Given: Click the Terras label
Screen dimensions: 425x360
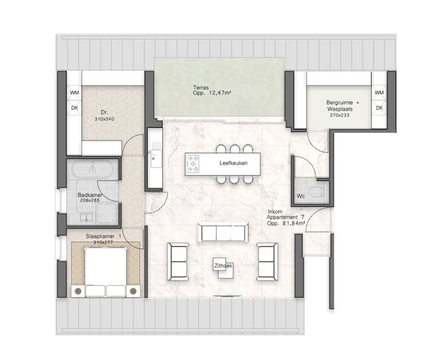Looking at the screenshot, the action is point(201,88).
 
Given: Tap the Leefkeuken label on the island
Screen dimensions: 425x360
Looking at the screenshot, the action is point(233,164).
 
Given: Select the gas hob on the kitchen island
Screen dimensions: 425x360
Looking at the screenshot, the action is point(193,164).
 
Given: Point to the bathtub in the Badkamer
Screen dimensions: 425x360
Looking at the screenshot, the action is point(92,169).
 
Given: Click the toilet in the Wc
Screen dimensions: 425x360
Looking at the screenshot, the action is point(316,192).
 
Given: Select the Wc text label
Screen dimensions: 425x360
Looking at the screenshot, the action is point(301,196).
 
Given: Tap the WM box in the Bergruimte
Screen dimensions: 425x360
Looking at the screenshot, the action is point(379,93).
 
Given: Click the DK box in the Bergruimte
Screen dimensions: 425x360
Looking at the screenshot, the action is point(379,107).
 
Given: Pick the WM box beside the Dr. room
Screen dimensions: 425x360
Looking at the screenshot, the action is point(74,93).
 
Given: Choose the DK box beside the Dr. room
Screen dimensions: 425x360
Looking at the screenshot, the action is point(74,108).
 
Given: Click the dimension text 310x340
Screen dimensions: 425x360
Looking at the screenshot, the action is point(105,119).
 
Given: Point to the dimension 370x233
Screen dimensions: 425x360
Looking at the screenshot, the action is point(340,115).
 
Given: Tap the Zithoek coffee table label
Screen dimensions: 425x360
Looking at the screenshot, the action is point(223,266).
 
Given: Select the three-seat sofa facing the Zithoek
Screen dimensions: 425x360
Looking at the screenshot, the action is point(223,232).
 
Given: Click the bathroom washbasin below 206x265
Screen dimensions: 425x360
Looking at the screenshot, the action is point(87,218).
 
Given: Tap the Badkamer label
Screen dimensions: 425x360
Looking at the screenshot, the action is point(90,195).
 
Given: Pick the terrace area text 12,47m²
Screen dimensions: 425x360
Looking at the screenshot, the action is point(220,93).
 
